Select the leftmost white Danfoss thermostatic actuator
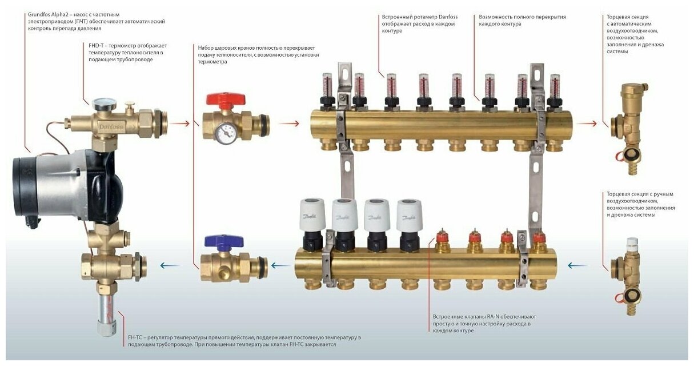312,216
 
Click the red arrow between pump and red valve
179,123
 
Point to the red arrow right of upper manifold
585,123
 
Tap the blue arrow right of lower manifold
578,265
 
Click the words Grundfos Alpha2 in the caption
49,14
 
